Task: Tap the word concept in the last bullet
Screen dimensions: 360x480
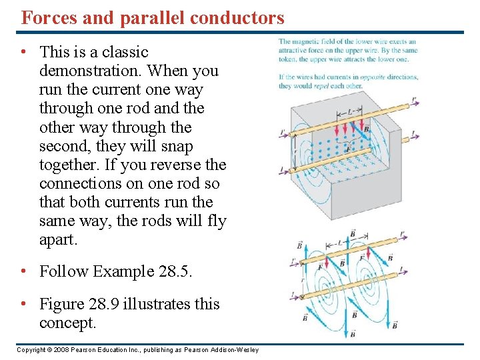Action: pos(67,323)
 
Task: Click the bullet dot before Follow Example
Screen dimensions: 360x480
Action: pos(23,271)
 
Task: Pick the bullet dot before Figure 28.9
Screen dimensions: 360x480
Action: pos(23,304)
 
